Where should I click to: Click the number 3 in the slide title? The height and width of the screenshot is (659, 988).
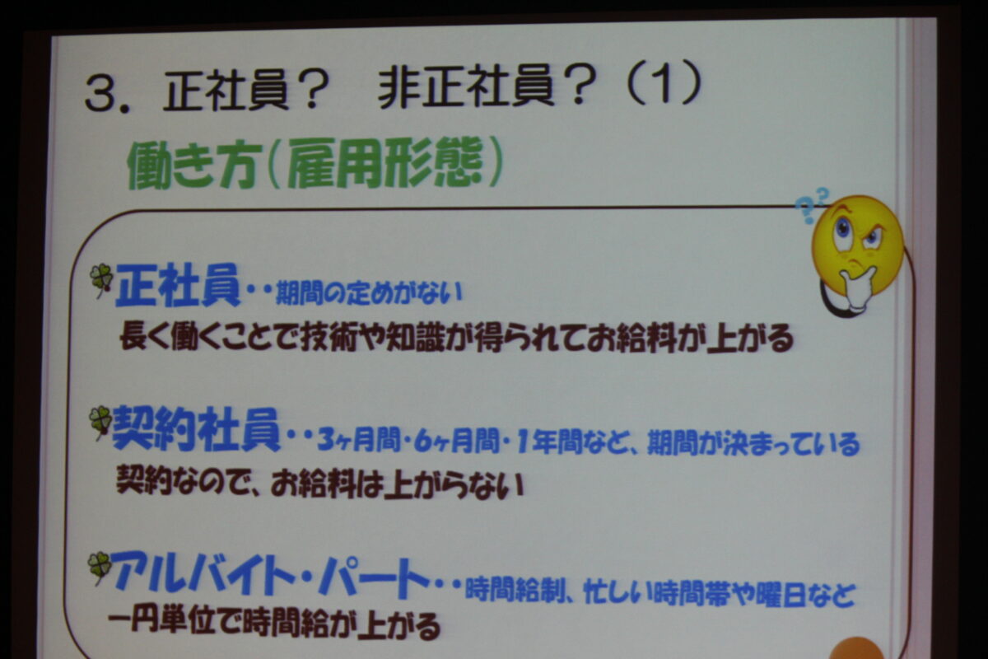[101, 94]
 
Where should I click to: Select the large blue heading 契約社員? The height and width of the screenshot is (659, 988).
[196, 429]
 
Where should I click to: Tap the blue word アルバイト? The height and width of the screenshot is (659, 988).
[203, 574]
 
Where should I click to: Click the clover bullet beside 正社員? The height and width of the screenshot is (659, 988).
[101, 280]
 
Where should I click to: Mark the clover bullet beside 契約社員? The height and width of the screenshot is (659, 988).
[100, 422]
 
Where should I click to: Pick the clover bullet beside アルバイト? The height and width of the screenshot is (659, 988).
[100, 568]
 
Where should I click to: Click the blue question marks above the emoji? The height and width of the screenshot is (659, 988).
[811, 205]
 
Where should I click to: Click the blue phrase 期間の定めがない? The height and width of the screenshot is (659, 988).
[369, 293]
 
